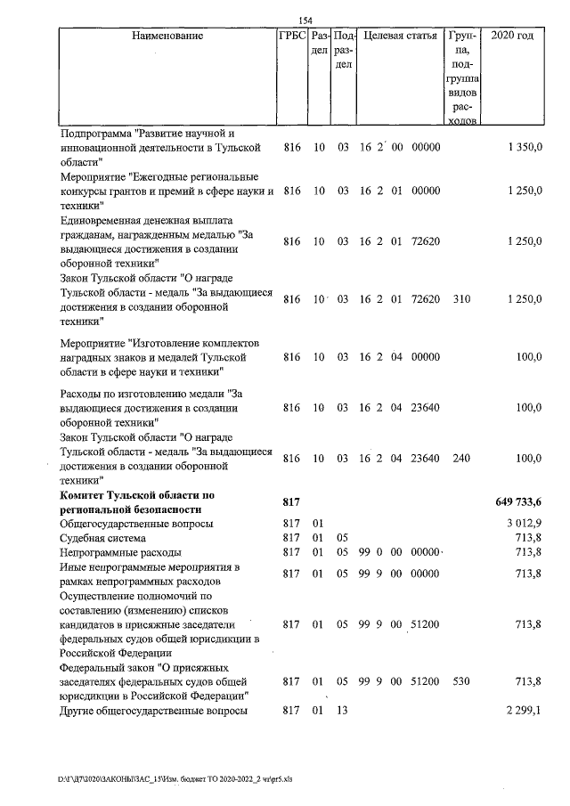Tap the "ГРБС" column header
click(292, 37)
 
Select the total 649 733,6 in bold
click(519, 502)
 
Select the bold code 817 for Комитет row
click(293, 502)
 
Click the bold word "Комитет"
click(84, 494)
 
